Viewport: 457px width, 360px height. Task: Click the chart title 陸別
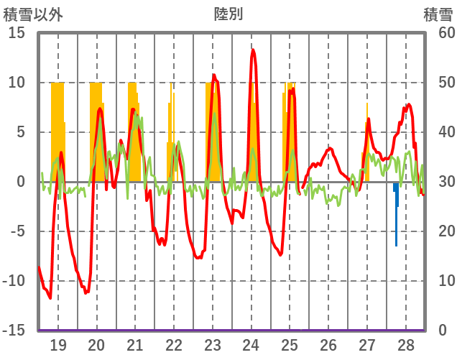[228, 14]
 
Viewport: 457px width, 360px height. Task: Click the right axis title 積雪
[437, 14]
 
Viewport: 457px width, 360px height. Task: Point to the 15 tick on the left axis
[17, 33]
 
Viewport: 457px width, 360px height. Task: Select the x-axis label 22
[174, 344]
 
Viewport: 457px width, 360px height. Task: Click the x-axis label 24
[251, 344]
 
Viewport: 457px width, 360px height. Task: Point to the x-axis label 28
[405, 344]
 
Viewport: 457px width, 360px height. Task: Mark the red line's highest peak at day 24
[253, 50]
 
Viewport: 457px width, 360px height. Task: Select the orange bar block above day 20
[96, 122]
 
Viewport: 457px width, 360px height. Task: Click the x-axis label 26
[328, 344]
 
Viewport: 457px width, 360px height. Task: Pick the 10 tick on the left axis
[17, 83]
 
